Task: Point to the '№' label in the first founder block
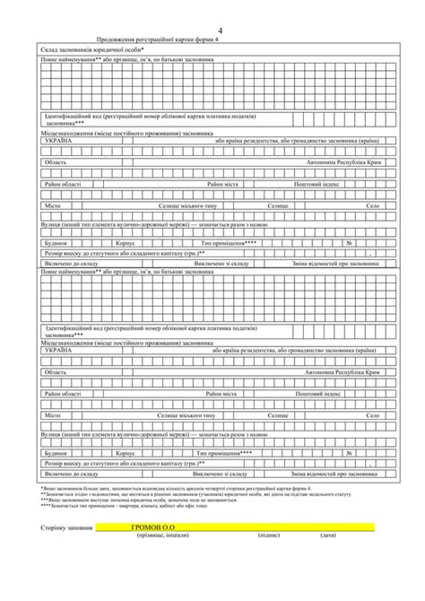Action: [371, 243]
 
